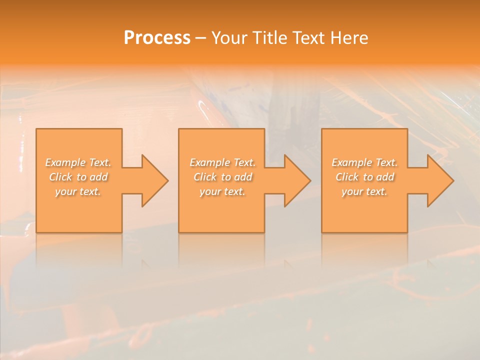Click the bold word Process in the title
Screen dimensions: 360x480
[157, 38]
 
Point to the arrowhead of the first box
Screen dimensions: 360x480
[152, 180]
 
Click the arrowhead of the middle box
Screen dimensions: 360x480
[295, 180]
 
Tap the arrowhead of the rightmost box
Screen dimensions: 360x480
[438, 180]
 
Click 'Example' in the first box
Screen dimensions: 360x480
[65, 162]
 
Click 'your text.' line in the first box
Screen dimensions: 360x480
[78, 191]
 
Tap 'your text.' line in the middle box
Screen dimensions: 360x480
[222, 191]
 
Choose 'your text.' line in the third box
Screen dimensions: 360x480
[364, 191]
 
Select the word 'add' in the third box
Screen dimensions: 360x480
[385, 177]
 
